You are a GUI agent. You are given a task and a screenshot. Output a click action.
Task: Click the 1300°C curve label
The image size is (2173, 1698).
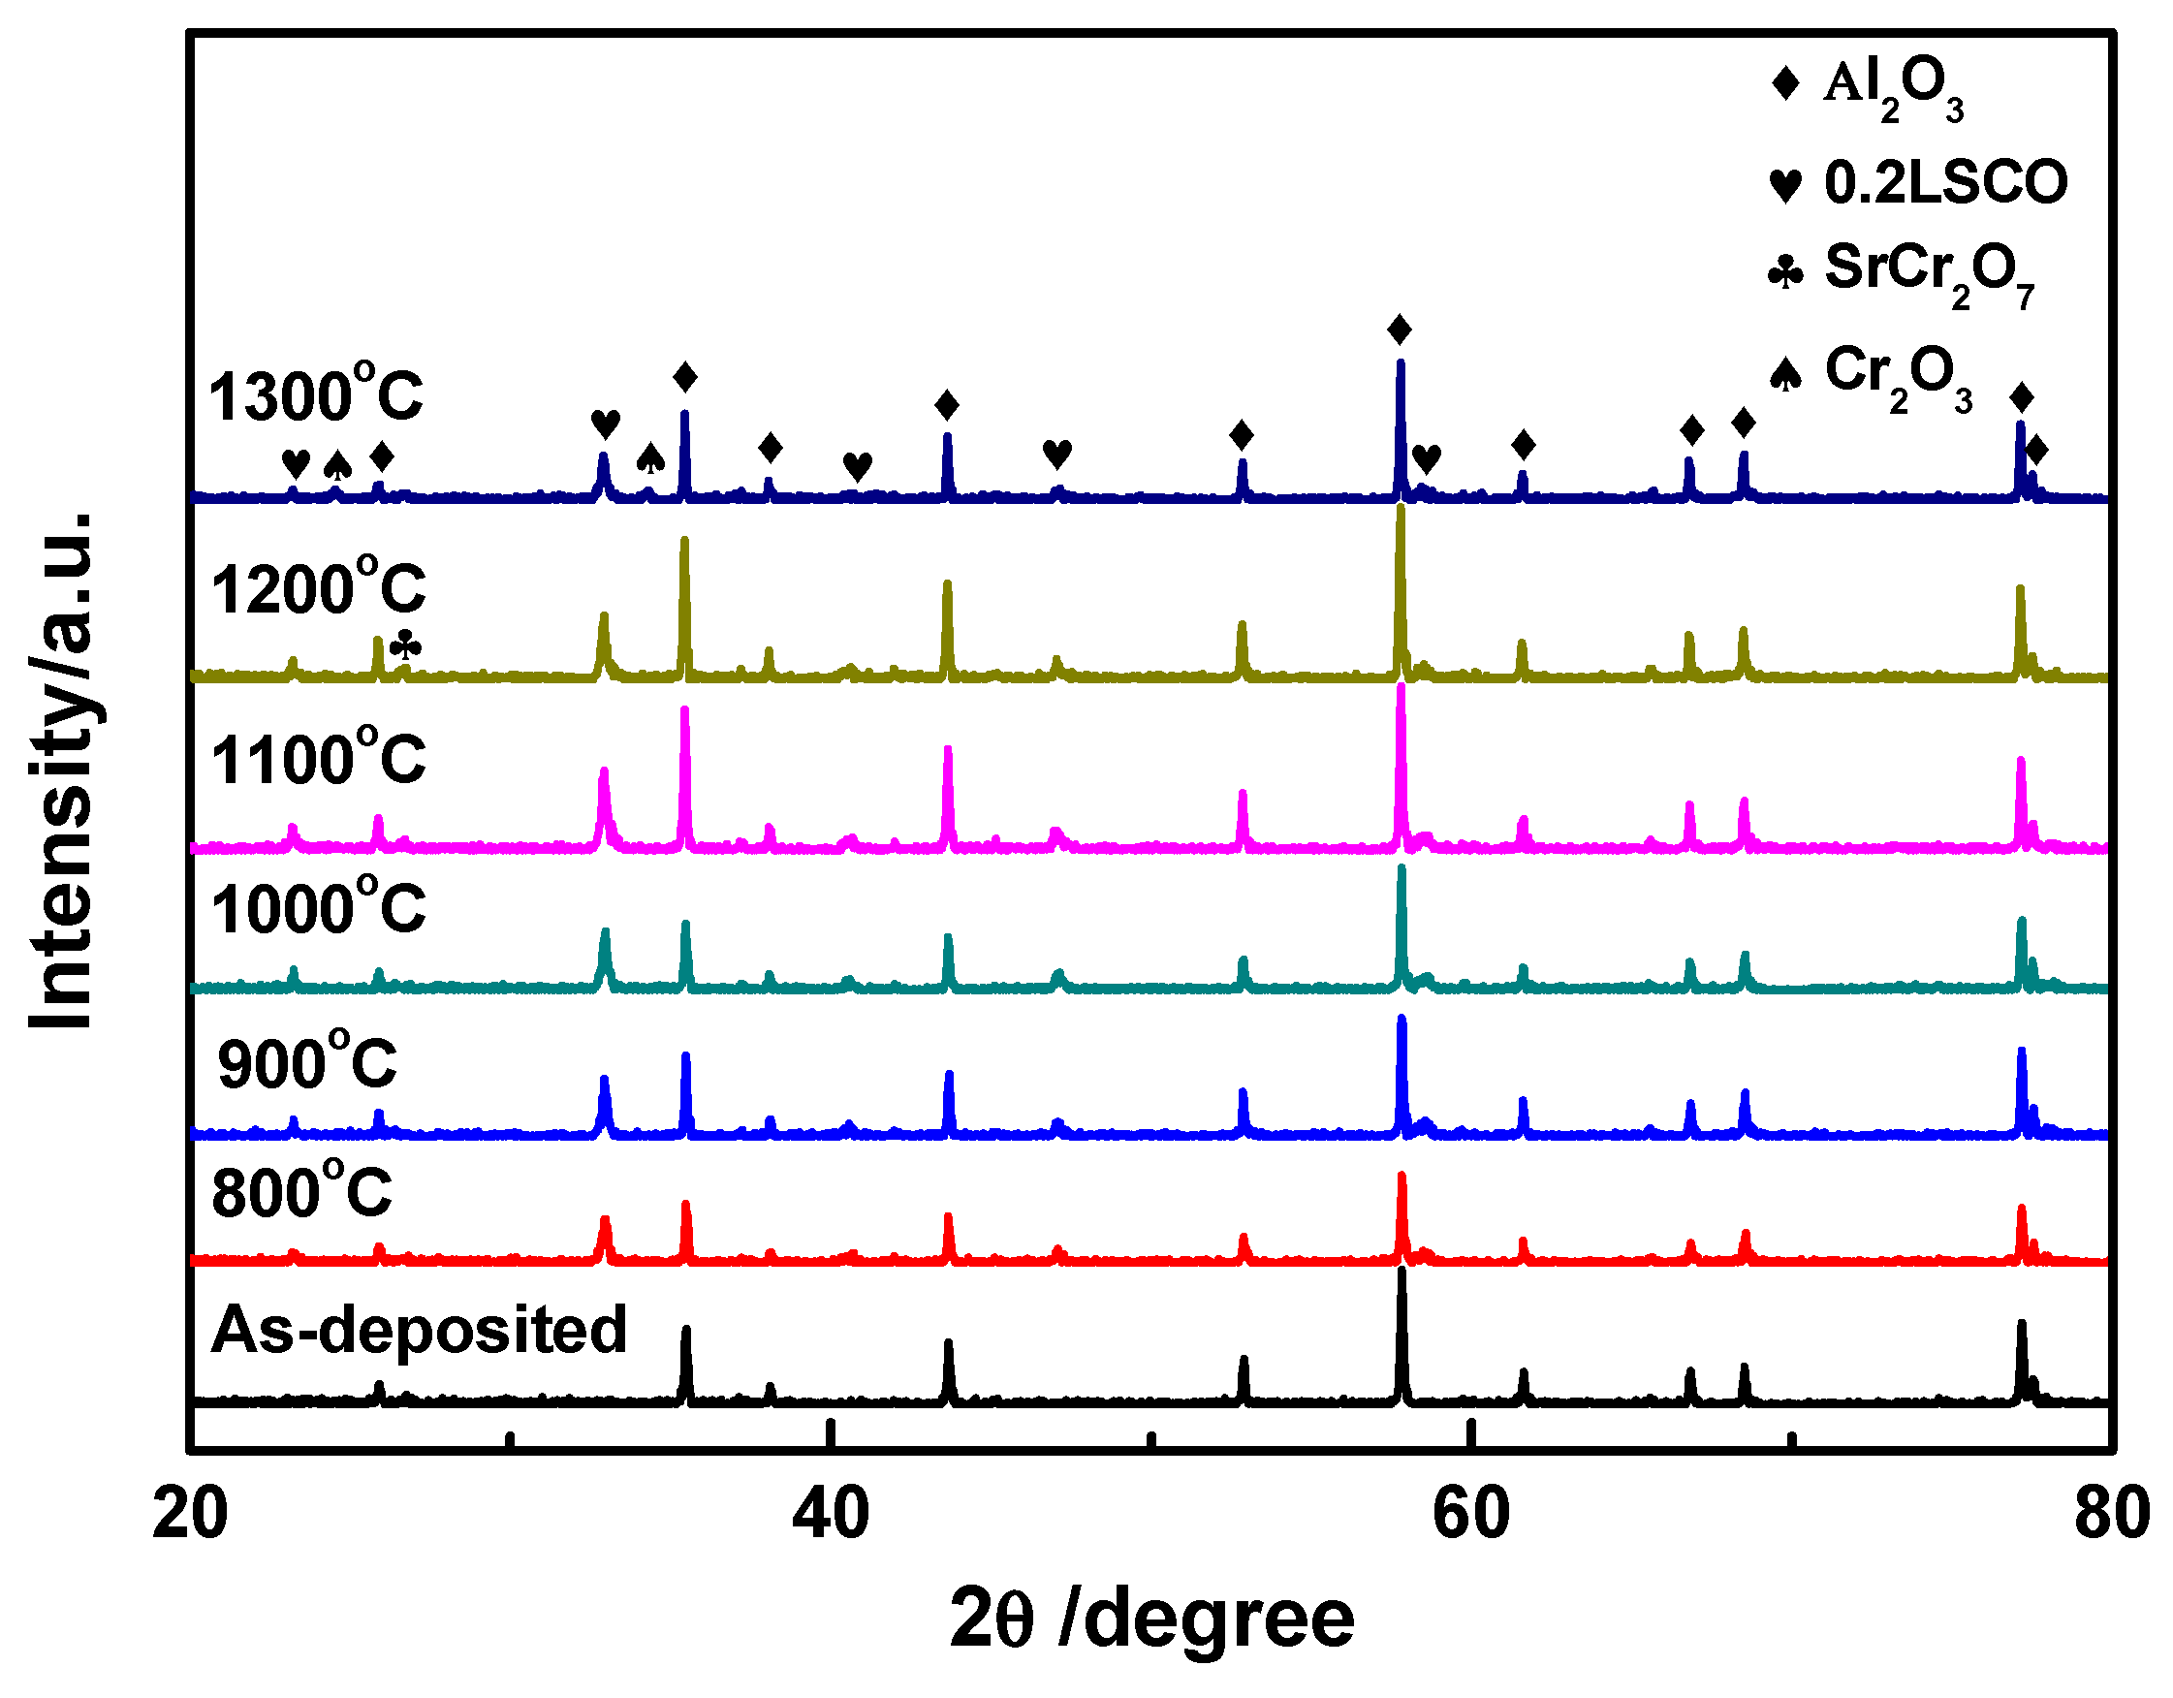(x=315, y=394)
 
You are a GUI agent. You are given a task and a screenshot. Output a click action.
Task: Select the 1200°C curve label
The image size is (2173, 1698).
(x=318, y=588)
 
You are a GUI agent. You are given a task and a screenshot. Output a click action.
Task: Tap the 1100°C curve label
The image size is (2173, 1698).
(x=318, y=759)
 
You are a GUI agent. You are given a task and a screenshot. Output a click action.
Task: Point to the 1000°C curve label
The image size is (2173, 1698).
(x=318, y=908)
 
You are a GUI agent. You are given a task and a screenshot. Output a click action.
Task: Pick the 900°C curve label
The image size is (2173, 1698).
(x=306, y=1062)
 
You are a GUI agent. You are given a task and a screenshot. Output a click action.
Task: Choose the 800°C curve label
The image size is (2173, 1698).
(x=301, y=1192)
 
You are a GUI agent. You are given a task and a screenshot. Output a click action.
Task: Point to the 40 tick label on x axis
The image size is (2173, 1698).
(x=831, y=1515)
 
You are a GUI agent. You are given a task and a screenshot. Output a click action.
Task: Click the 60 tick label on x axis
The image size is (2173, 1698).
(x=1470, y=1515)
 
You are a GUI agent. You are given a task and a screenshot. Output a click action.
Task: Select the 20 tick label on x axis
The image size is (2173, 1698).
(x=190, y=1515)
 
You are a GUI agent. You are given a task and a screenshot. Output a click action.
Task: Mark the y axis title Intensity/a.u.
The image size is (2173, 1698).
(x=62, y=770)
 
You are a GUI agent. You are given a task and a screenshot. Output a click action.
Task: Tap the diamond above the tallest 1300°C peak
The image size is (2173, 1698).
(x=1400, y=330)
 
